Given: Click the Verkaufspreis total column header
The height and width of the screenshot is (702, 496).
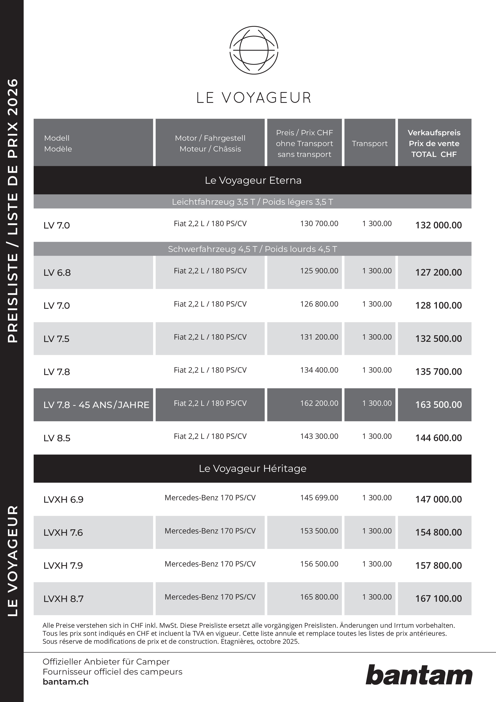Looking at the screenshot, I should (x=434, y=143).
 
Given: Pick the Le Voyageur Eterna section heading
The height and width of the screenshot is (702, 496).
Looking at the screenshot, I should (x=253, y=180).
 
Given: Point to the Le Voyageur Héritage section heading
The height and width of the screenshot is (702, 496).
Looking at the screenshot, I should (x=252, y=468).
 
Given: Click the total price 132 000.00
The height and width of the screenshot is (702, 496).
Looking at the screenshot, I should (x=438, y=225).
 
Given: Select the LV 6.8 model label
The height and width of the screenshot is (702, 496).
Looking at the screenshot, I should (x=57, y=272).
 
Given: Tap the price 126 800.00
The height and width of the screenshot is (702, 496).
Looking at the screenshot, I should (x=319, y=304).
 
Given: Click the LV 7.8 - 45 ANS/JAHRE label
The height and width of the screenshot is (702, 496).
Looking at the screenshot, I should (x=96, y=405).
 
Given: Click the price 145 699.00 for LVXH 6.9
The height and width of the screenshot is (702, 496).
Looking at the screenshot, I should (x=319, y=498).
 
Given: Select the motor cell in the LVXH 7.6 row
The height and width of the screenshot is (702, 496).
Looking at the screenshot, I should (x=210, y=531).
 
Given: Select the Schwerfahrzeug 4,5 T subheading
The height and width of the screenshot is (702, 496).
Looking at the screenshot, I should (x=252, y=249).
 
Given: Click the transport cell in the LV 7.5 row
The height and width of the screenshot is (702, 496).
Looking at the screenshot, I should (x=377, y=337).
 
